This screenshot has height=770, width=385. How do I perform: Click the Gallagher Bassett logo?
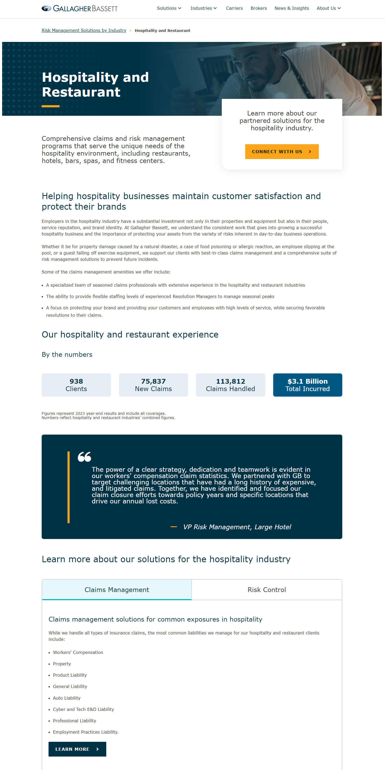click(x=80, y=8)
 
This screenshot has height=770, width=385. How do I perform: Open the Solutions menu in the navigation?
click(x=169, y=8)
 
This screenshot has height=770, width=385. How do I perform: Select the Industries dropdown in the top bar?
click(x=203, y=8)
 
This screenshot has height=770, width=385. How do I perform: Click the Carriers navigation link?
click(x=234, y=8)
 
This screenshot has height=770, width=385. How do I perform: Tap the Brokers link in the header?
click(x=259, y=8)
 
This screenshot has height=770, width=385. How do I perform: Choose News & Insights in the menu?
click(x=291, y=8)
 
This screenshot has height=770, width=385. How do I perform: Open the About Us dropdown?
click(x=328, y=8)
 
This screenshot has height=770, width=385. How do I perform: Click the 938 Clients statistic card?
click(x=76, y=385)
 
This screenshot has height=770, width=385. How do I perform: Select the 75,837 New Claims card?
click(x=153, y=385)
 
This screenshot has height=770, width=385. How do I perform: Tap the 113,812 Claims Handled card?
click(x=230, y=385)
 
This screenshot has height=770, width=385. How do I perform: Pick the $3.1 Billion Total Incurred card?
click(x=307, y=385)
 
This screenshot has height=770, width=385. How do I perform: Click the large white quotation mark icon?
click(x=84, y=456)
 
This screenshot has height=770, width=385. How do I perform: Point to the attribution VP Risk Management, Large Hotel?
click(x=237, y=527)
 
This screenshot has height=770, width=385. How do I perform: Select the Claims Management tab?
click(x=117, y=589)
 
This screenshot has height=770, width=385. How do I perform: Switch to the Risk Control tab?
click(x=267, y=589)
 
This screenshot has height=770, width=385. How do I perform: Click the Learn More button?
click(x=77, y=749)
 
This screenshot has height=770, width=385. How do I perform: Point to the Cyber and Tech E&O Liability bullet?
click(x=83, y=709)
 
